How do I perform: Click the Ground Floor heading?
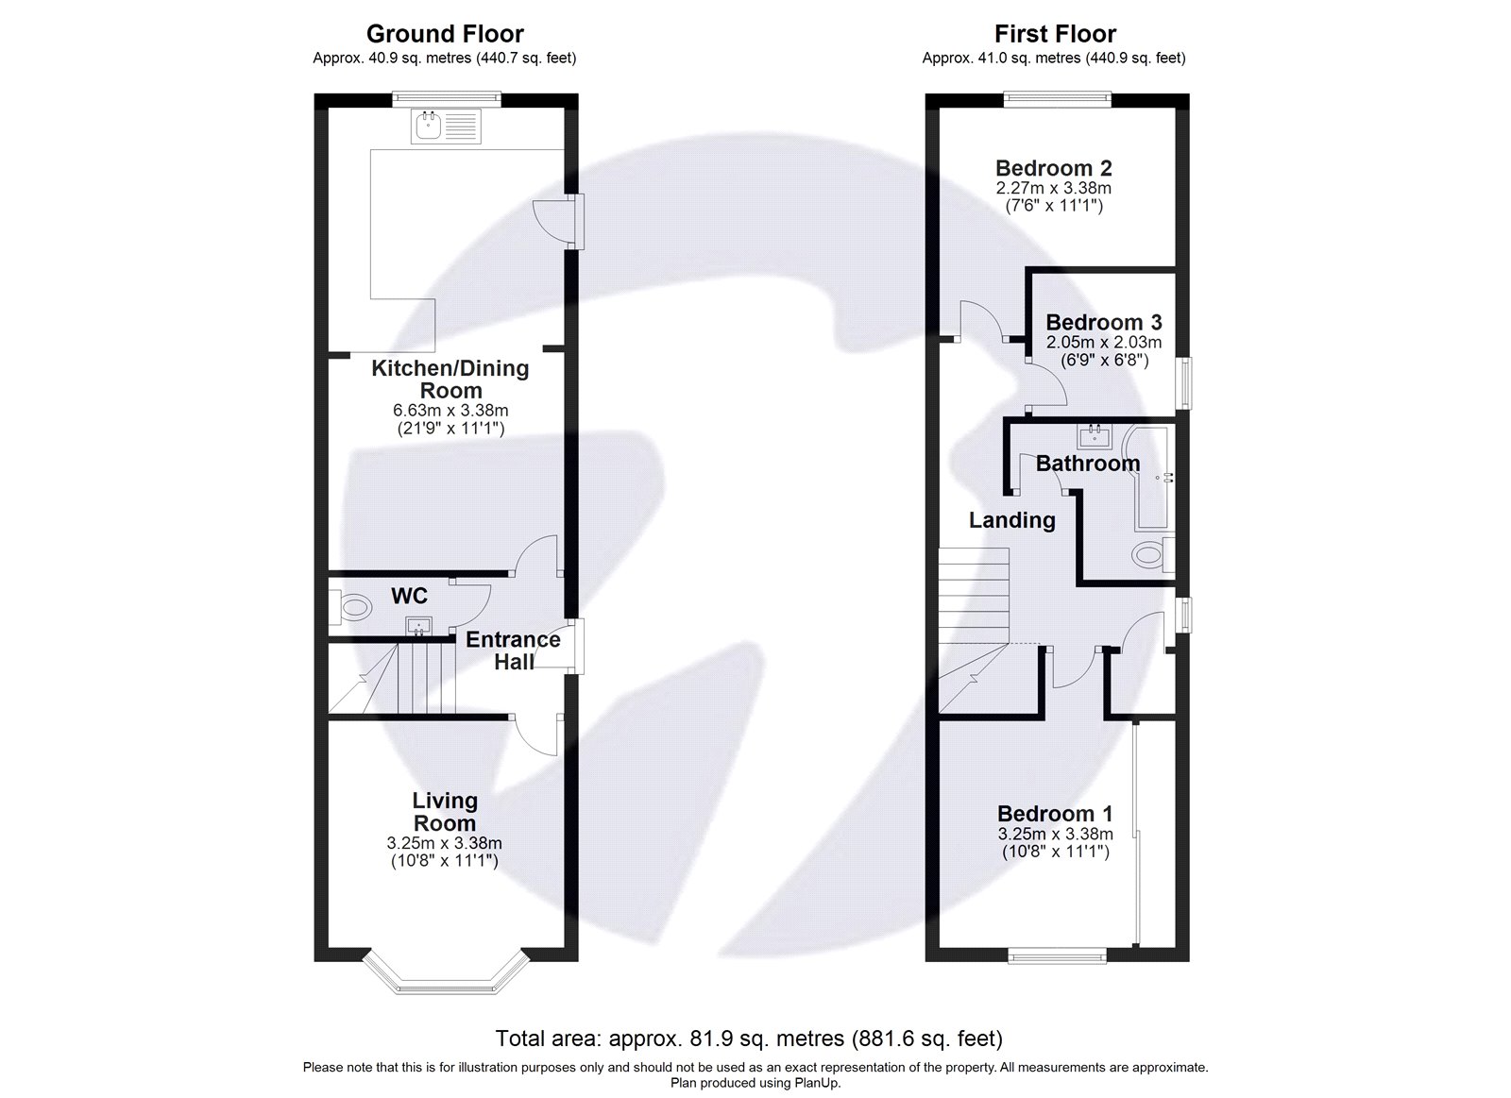click(x=445, y=34)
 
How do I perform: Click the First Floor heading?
click(x=1055, y=34)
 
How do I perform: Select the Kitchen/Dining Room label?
click(x=450, y=379)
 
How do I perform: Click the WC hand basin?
click(x=417, y=625)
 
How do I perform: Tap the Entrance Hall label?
click(x=513, y=650)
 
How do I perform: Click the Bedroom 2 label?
click(x=1054, y=169)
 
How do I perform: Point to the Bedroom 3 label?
click(x=1104, y=323)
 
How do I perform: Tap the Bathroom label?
click(x=1088, y=464)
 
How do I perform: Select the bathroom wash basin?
click(x=1095, y=436)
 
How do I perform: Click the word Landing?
click(x=1011, y=520)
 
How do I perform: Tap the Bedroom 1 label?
click(x=1055, y=814)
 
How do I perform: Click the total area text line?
click(x=749, y=1039)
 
